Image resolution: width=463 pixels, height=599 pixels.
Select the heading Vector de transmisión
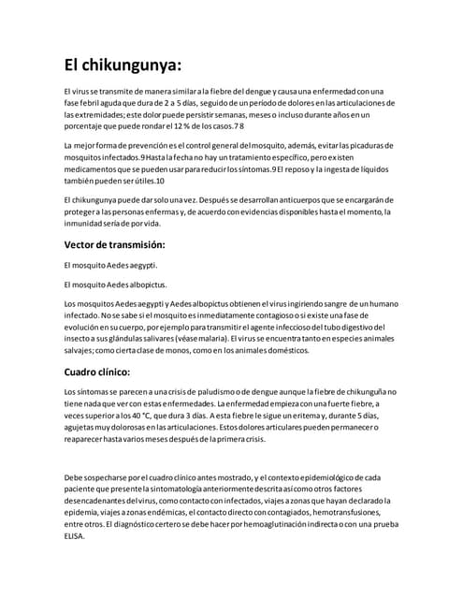(114, 244)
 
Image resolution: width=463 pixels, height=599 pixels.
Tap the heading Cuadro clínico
(96, 371)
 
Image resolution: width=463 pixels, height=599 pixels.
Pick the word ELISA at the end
(74, 536)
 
